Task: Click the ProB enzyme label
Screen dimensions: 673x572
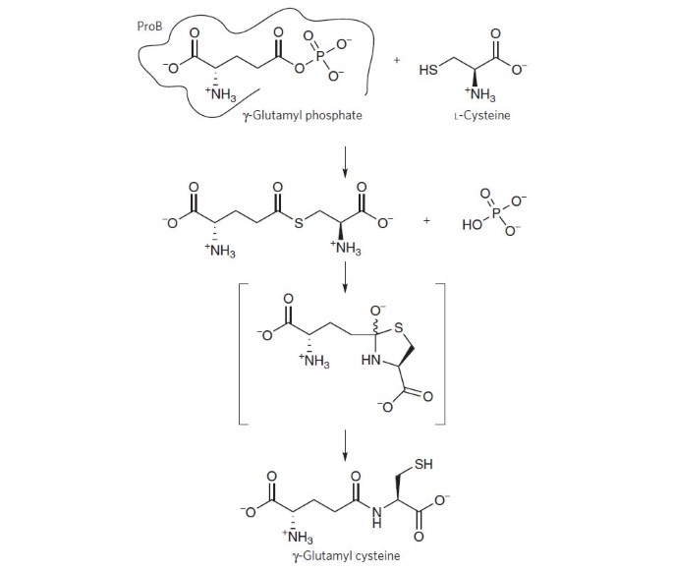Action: coord(149,27)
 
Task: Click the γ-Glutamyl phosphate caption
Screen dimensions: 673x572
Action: coord(303,115)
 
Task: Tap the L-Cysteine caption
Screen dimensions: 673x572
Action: coord(482,115)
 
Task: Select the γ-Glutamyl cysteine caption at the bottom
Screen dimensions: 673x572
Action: coord(346,555)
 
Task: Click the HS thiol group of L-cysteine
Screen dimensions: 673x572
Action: coord(428,70)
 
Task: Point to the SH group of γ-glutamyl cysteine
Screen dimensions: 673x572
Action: coord(423,464)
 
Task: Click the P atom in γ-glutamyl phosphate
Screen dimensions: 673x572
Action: coord(320,56)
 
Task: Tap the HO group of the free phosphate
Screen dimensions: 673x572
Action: coord(473,225)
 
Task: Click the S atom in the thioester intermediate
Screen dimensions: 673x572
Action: coord(299,223)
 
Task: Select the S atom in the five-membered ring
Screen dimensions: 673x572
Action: coord(399,327)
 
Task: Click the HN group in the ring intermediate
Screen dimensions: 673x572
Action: coord(371,360)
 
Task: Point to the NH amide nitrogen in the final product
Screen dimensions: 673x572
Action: coord(376,517)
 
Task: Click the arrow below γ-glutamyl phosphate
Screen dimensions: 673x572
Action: coord(344,162)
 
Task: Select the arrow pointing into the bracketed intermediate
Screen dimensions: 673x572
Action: coord(344,277)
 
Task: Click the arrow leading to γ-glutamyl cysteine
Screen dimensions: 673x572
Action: coord(344,445)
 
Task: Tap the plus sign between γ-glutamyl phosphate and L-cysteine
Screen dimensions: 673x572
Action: coord(397,61)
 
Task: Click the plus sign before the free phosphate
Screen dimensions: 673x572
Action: coord(426,221)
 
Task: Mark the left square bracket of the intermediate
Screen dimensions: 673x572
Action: coord(240,354)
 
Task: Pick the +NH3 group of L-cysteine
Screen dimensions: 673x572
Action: coord(479,94)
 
